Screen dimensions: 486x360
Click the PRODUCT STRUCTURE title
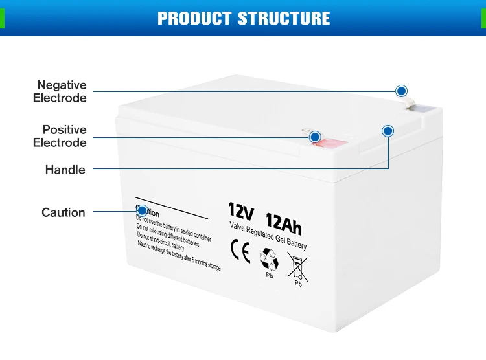point(243,18)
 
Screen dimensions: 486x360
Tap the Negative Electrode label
point(60,91)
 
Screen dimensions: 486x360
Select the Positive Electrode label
point(60,136)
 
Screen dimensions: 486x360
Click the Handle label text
point(65,170)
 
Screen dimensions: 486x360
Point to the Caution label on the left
point(64,212)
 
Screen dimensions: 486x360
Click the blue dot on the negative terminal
point(401,91)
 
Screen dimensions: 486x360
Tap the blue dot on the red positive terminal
point(315,137)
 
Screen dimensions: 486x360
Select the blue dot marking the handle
point(388,131)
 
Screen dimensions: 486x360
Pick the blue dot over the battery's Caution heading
point(141,210)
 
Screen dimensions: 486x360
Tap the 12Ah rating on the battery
point(283,223)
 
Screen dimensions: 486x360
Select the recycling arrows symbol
point(269,259)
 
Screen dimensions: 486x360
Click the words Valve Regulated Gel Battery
point(268,236)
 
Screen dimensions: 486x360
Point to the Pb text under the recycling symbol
point(270,275)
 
